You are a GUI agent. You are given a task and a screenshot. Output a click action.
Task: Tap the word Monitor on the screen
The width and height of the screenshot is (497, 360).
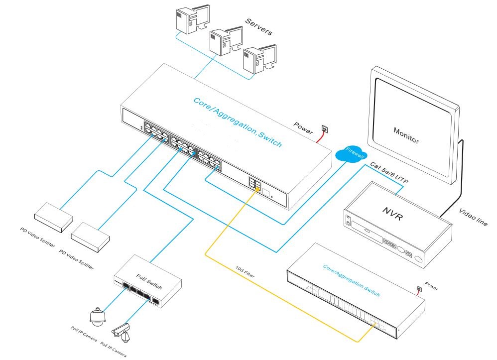[x=406, y=136]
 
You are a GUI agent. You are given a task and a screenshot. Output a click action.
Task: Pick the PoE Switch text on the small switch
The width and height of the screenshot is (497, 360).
[x=149, y=273]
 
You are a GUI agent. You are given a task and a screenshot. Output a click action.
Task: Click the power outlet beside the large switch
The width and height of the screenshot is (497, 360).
[x=325, y=129]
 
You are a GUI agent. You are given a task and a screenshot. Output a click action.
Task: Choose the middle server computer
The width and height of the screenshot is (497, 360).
[x=222, y=42]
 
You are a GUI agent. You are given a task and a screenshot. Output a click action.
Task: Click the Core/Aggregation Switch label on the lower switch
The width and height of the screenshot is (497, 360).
[x=352, y=281]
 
